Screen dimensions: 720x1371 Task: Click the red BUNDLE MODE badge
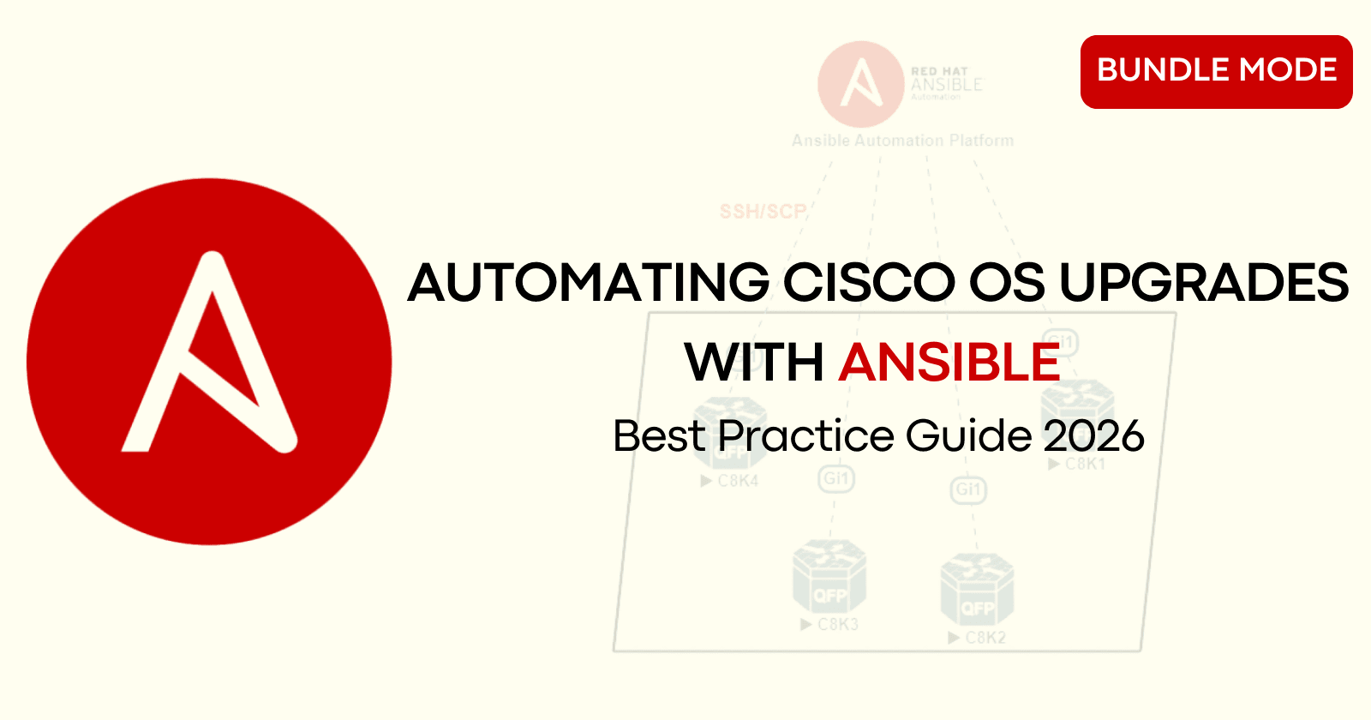point(1216,71)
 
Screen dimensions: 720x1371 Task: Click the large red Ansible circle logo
point(209,361)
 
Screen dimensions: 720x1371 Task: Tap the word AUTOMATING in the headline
point(589,283)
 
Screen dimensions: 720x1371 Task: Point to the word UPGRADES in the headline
point(1204,283)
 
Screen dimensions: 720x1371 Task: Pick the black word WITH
point(754,362)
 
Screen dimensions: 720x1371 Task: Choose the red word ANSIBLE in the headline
point(949,362)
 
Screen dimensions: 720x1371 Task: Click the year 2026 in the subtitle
point(1093,436)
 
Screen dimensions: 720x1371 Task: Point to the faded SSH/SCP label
point(763,212)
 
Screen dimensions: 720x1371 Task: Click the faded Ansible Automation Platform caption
point(902,141)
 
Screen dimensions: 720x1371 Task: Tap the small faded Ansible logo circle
point(860,84)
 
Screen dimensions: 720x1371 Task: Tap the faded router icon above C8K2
point(977,591)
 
